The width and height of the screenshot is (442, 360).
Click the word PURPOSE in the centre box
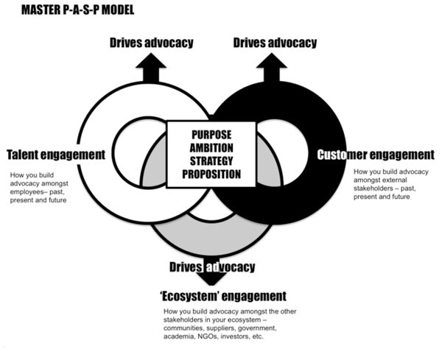click(x=212, y=135)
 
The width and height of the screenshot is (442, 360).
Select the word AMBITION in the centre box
click(x=212, y=148)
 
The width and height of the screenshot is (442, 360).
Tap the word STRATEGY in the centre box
click(x=212, y=161)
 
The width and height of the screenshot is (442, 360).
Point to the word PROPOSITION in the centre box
click(x=212, y=174)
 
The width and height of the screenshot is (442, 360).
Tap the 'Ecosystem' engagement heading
click(x=222, y=297)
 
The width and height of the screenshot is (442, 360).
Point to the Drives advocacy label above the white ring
click(x=152, y=43)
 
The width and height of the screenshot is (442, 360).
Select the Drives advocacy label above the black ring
click(x=276, y=43)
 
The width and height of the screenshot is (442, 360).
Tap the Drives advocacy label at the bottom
click(x=212, y=267)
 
